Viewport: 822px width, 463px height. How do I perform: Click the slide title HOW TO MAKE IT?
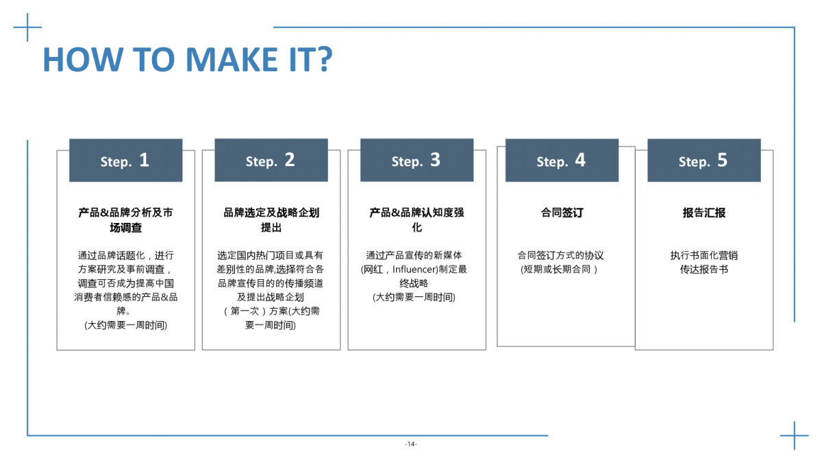click(188, 59)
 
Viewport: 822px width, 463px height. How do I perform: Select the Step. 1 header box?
click(126, 161)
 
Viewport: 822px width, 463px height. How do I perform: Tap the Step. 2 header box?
click(271, 160)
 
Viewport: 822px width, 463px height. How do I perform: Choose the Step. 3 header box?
click(417, 160)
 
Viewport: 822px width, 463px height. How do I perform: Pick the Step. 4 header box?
click(562, 161)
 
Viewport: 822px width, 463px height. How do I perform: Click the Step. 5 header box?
click(704, 161)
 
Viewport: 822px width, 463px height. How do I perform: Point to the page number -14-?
click(411, 444)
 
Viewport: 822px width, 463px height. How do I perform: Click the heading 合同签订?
click(562, 213)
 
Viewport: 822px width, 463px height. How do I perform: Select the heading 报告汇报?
click(704, 213)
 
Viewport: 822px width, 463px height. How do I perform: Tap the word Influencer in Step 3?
click(414, 270)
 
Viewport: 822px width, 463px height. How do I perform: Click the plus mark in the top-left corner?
click(27, 27)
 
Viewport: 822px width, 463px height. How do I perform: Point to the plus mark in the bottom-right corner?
click(795, 436)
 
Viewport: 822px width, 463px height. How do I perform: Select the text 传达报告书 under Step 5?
click(704, 270)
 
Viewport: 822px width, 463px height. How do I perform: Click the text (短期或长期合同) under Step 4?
click(559, 270)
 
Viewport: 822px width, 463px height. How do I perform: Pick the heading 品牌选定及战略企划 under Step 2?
click(271, 213)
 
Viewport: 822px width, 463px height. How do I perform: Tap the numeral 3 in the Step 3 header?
click(435, 160)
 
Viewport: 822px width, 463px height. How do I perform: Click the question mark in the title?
click(325, 59)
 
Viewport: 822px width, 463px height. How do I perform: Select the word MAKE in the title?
click(232, 59)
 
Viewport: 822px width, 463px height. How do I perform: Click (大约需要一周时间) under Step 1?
click(126, 325)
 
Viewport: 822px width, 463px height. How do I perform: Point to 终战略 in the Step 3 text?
click(414, 283)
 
